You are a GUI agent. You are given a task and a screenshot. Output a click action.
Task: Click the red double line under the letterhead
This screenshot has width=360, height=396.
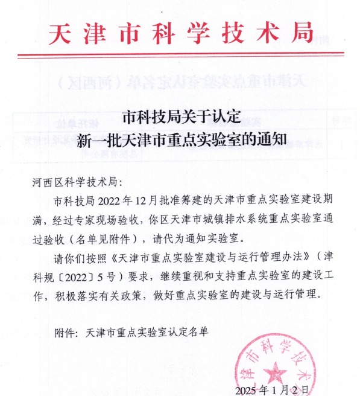coord(180,56)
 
